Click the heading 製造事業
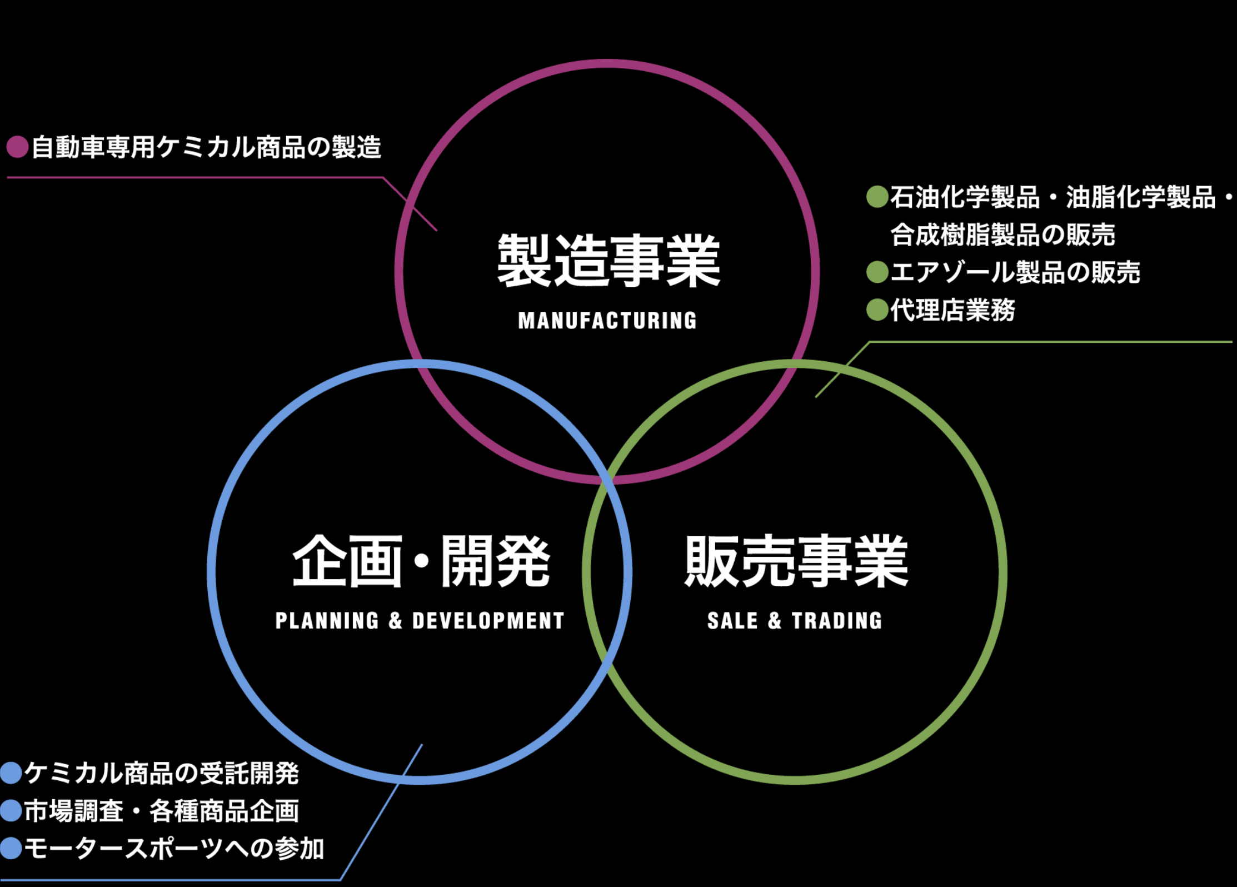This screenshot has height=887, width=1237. [x=608, y=260]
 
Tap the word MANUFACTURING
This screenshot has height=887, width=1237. [x=607, y=321]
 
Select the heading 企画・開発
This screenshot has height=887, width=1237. [x=421, y=561]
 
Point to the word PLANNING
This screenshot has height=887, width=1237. [x=327, y=621]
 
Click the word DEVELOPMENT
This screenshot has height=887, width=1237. [x=488, y=621]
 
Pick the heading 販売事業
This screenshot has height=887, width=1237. [x=796, y=561]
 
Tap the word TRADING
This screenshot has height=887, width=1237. [x=837, y=621]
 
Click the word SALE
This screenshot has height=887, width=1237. [x=732, y=621]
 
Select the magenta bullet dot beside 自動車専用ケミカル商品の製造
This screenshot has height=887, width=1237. [x=17, y=147]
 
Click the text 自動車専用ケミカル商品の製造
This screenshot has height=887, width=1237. [x=206, y=147]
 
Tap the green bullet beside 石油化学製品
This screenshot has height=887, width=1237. [x=877, y=197]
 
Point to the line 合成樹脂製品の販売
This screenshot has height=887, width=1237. [x=1002, y=235]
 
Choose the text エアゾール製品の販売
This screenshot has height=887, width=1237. [x=1015, y=272]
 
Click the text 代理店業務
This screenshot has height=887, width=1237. [x=952, y=310]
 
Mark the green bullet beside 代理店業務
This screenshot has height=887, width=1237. [x=877, y=310]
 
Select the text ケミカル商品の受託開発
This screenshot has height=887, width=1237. [x=161, y=773]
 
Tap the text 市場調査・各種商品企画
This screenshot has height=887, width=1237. [x=161, y=811]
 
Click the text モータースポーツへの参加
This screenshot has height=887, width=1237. [x=174, y=849]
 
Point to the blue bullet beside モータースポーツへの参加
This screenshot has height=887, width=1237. [x=11, y=849]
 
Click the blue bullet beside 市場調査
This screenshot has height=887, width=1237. [x=11, y=811]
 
